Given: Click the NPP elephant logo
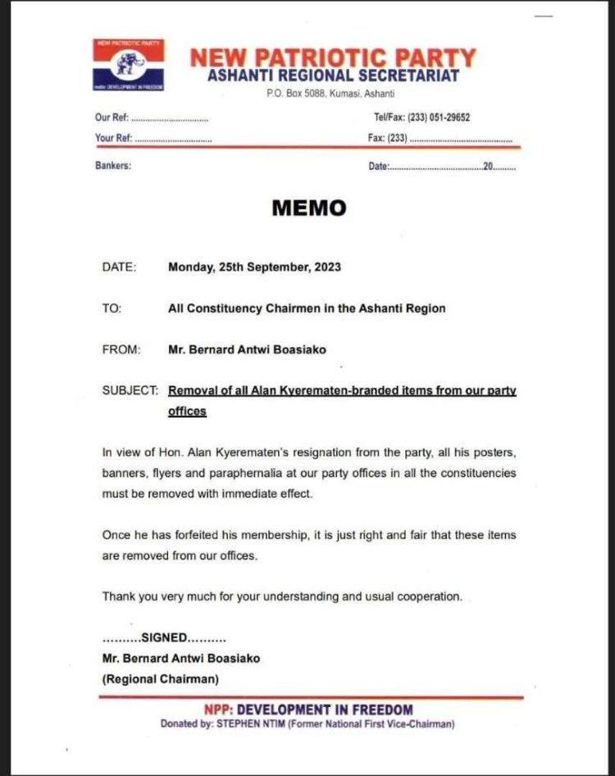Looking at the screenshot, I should pos(129,64).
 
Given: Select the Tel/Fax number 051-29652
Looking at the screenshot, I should pos(449,117).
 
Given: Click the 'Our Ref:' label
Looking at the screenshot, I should pos(111,117).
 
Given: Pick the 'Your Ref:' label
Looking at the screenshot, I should pos(113,138).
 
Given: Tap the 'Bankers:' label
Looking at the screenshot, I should pos(113,166).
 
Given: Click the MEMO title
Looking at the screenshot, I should pos(308,208).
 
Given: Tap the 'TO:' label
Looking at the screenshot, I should pos(112,308).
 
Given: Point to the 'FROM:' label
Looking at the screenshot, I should pos(121,349).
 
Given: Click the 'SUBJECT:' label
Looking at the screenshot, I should pos(130,390).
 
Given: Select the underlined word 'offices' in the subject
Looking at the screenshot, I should pos(187,411).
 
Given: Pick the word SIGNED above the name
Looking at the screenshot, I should pos(164,637).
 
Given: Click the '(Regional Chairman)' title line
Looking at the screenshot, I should pos(160,679).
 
